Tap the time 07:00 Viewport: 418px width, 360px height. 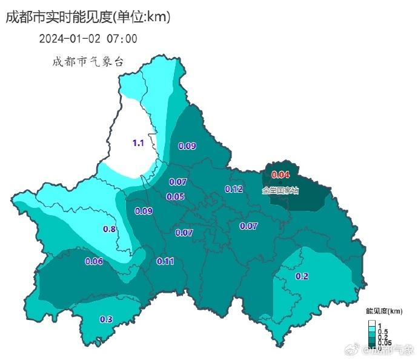coord(122,39)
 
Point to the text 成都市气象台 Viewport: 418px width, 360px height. coord(88,62)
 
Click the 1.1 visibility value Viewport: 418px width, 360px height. coord(138,143)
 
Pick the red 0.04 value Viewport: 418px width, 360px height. coord(280,175)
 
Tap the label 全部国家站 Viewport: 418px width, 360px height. coord(280,190)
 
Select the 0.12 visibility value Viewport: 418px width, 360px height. coord(234,189)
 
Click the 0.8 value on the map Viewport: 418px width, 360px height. coord(110,229)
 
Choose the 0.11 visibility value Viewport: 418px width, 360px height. coord(165,261)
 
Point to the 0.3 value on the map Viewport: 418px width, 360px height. coord(105,319)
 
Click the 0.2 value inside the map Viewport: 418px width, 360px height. coord(301,276)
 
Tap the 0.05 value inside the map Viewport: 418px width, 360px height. coord(175,196)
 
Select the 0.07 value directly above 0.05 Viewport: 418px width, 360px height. coord(177,182)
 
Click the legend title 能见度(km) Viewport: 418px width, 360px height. coord(384,311)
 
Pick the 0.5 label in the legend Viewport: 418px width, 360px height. coord(383,332)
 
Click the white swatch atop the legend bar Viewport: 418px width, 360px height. coord(372,322)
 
